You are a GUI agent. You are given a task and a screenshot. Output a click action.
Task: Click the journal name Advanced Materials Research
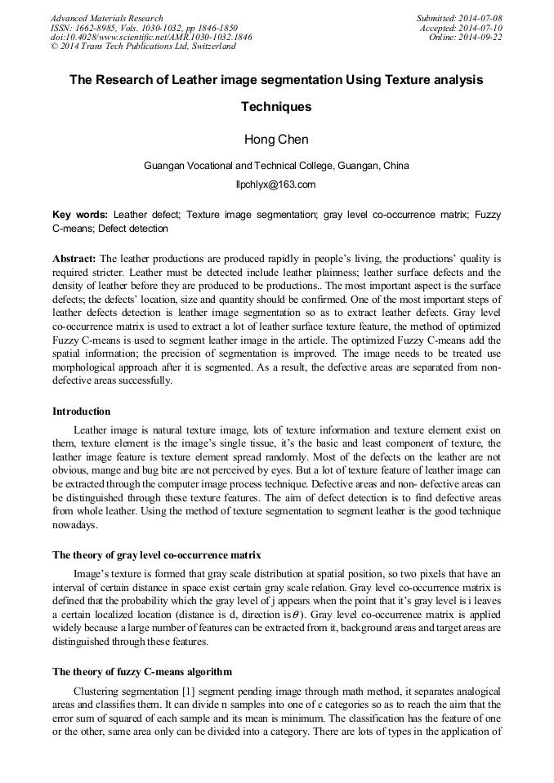pyautogui.click(x=106, y=18)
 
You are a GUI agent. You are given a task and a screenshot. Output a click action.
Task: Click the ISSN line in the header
pyautogui.click(x=144, y=28)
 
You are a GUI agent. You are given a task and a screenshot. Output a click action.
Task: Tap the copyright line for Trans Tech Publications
pyautogui.click(x=143, y=47)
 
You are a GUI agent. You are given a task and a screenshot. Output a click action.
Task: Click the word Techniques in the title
pyautogui.click(x=276, y=107)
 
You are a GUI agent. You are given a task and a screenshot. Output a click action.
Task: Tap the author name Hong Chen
pyautogui.click(x=276, y=140)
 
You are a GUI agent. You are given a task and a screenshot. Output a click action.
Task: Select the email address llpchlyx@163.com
pyautogui.click(x=275, y=185)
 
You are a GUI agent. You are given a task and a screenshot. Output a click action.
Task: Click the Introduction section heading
pyautogui.click(x=82, y=411)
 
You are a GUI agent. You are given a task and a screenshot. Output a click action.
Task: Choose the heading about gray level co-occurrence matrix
pyautogui.click(x=157, y=554)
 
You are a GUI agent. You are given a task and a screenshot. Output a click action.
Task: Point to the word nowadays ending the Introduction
pyautogui.click(x=75, y=524)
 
